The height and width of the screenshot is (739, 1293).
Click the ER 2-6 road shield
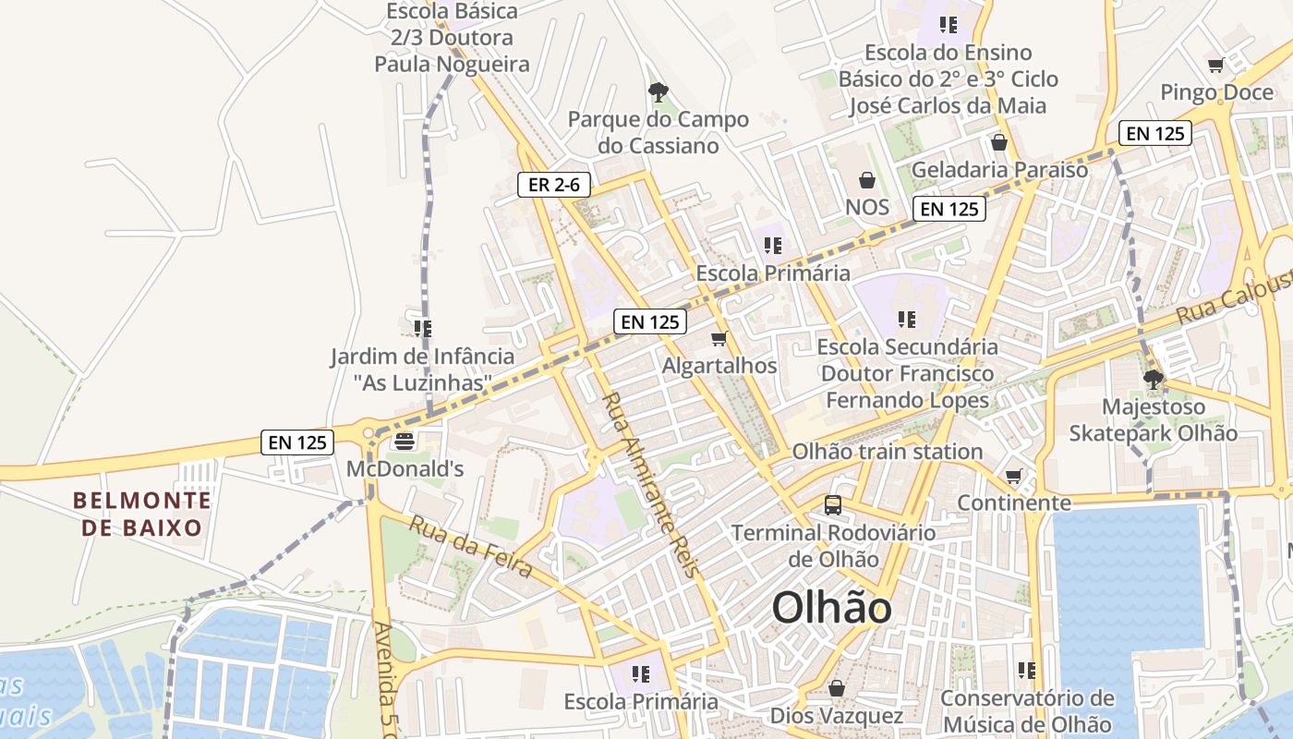[553, 185]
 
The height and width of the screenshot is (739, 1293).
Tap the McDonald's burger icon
[404, 442]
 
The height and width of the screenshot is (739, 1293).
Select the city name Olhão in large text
[832, 609]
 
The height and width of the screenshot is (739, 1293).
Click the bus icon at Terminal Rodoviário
[833, 505]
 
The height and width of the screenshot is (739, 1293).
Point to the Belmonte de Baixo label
[142, 515]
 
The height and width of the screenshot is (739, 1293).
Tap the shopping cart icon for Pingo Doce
[1216, 66]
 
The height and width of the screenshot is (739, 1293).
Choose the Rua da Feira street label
[470, 546]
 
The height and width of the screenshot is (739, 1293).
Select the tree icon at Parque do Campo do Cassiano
[658, 91]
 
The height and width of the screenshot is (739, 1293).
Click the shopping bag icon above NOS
[866, 179]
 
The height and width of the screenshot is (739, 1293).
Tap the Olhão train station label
[888, 452]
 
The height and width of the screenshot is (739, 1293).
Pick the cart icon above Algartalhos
[719, 339]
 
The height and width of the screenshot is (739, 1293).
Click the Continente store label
[1013, 503]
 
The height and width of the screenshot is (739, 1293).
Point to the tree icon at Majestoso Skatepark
[1153, 379]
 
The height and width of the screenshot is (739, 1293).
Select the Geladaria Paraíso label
[999, 170]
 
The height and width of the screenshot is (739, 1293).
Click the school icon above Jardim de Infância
[423, 329]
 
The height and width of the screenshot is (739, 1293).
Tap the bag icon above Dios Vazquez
[837, 688]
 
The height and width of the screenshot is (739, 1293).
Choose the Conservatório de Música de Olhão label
[1026, 711]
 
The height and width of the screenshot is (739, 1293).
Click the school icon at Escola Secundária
[907, 320]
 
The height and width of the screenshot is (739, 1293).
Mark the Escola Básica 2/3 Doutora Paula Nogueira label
[453, 38]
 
